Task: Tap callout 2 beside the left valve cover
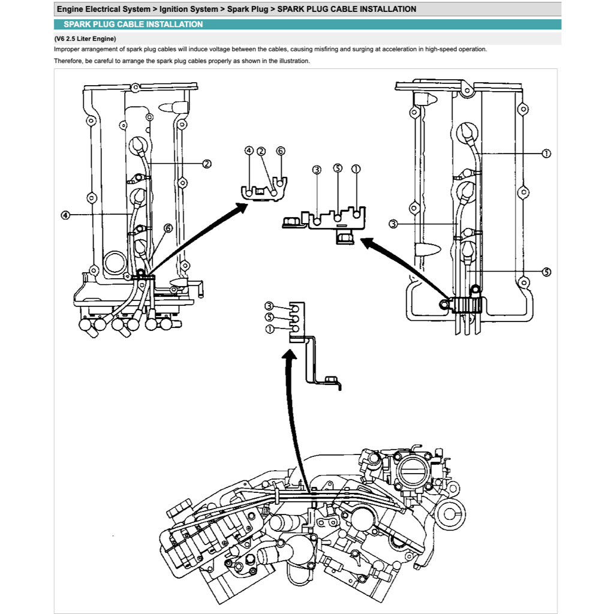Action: point(206,164)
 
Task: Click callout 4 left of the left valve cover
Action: point(65,215)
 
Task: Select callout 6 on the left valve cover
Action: point(168,228)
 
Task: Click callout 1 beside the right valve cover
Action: point(546,153)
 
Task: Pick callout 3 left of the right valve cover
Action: point(393,224)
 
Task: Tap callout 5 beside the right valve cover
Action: point(546,272)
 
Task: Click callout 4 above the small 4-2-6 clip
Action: point(249,151)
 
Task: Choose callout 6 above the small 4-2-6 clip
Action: point(280,151)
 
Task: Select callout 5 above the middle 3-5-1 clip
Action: point(338,169)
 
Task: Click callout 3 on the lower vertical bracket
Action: point(269,306)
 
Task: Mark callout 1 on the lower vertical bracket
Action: point(269,329)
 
